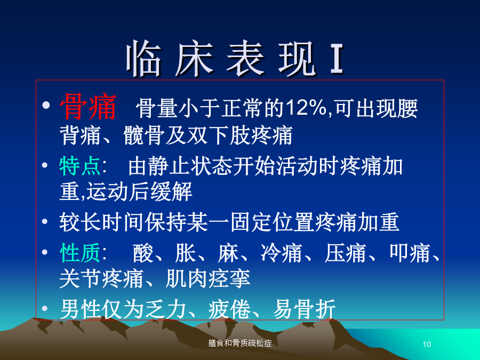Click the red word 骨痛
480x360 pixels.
pos(88,107)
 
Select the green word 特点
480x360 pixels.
pos(80,166)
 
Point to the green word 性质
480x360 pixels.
pos(80,253)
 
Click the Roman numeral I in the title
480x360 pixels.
pos(337,59)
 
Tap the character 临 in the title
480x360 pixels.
pos(144,59)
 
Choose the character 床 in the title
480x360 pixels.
pos(194,59)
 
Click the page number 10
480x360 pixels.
pos(427,345)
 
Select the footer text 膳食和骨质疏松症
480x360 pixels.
pos(240,343)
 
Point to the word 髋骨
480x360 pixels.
pos(144,135)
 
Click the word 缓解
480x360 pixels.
pos(171,191)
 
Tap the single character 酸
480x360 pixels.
pos(143,253)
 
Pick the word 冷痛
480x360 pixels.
pos(282,253)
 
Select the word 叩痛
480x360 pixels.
pos(410,253)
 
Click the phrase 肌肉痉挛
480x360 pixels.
pos(207,279)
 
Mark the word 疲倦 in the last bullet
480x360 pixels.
pos(229,309)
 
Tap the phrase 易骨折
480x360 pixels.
pos(305,309)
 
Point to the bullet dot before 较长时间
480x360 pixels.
pos(45,221)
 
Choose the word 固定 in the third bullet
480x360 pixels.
pos(251,222)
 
